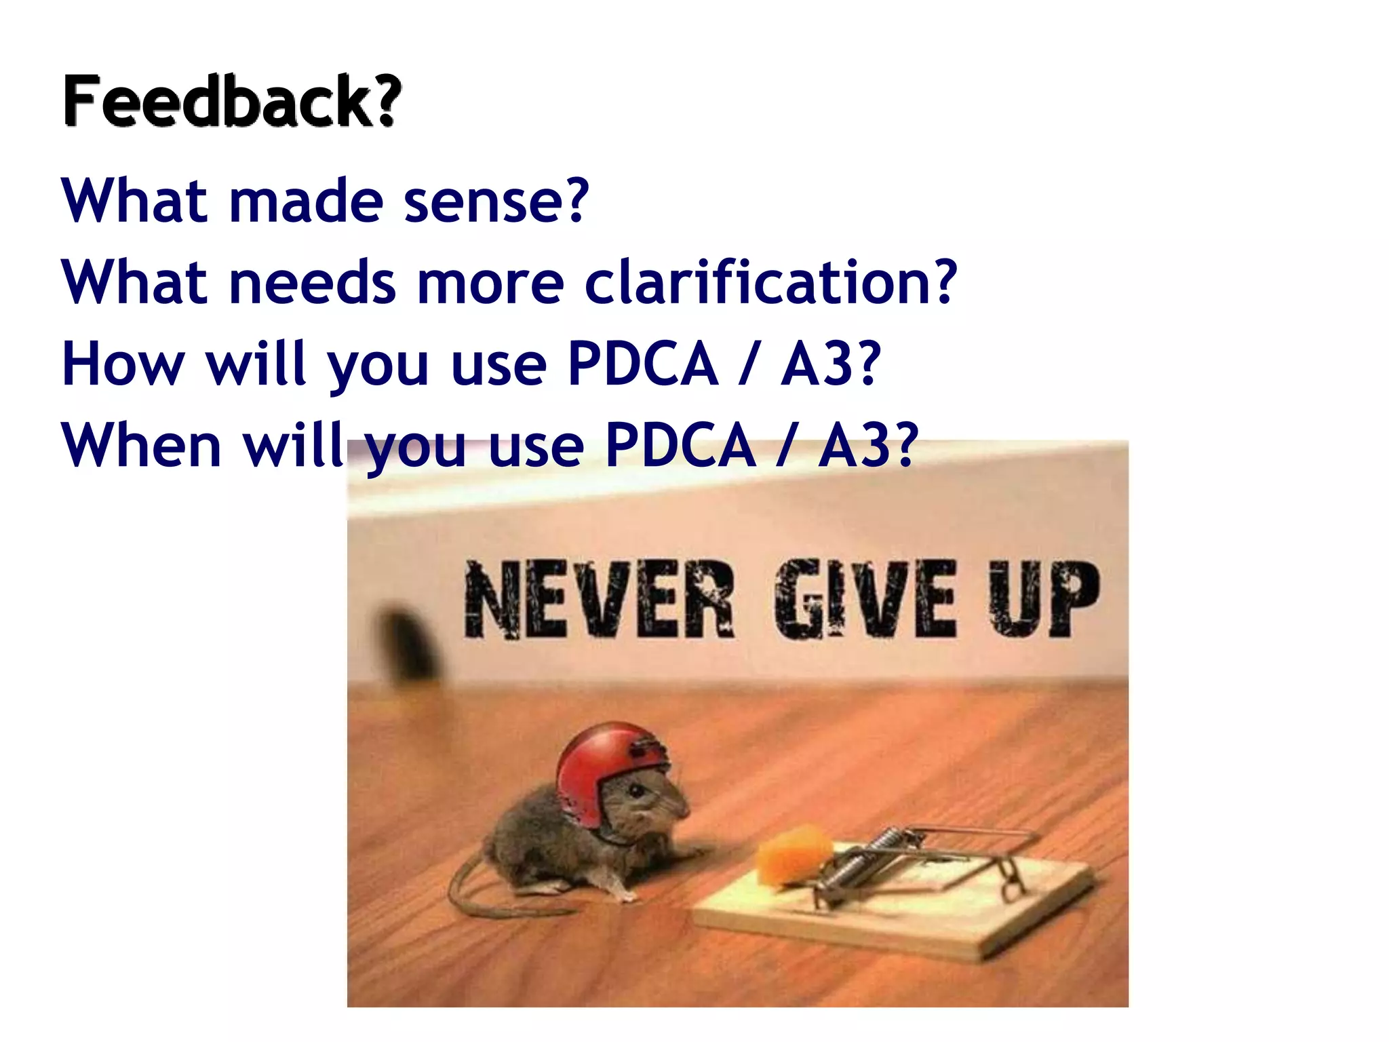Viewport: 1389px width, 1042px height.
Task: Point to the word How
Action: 123,364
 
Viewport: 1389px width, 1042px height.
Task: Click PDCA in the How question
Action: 642,364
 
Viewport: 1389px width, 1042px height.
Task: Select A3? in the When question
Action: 869,446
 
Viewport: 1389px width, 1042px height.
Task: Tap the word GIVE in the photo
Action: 865,600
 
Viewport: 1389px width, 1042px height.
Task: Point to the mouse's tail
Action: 475,895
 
